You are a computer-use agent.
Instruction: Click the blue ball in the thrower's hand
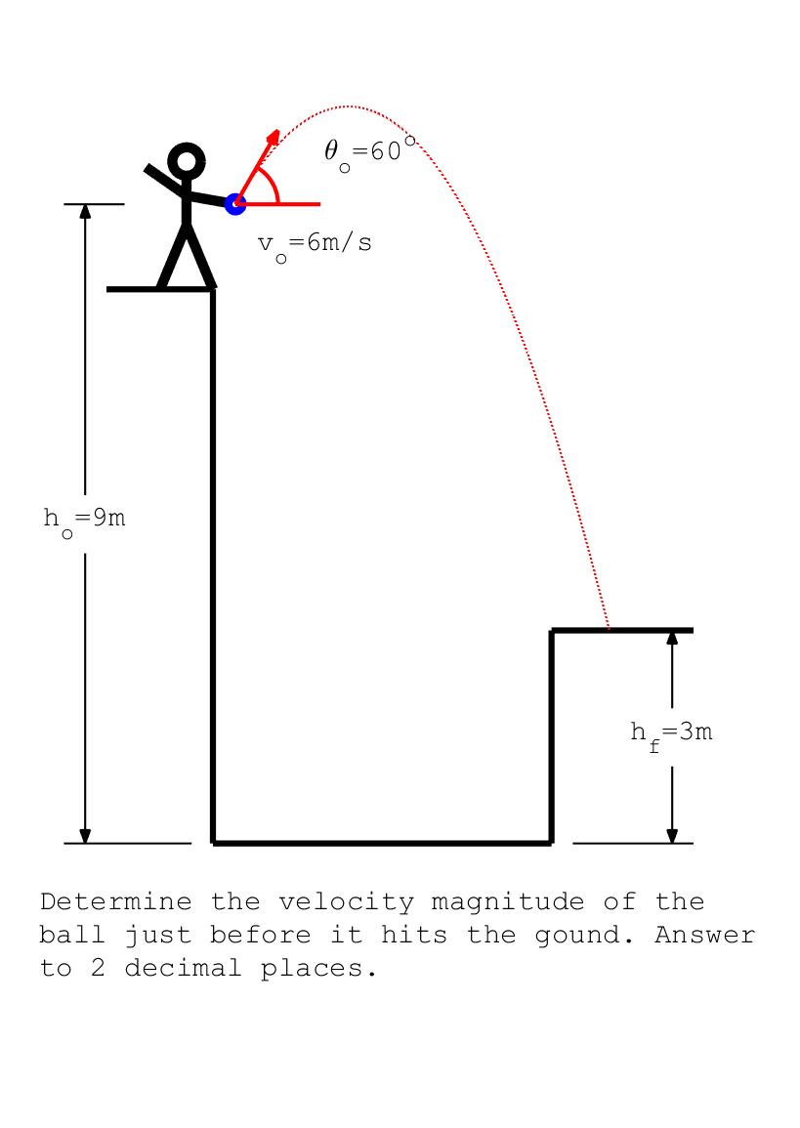[x=234, y=203]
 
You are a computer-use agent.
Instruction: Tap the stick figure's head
[x=187, y=160]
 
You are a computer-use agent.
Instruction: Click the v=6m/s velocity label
[x=315, y=244]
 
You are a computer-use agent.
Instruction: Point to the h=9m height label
[x=85, y=519]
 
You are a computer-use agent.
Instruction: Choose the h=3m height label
[x=671, y=732]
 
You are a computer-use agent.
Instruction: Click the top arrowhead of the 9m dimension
[x=85, y=212]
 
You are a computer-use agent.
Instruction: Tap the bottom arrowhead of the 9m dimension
[x=85, y=835]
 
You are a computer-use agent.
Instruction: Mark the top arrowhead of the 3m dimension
[x=672, y=639]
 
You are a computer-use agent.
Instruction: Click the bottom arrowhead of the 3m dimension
[x=672, y=835]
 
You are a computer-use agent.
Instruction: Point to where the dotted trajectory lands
[x=609, y=629]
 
